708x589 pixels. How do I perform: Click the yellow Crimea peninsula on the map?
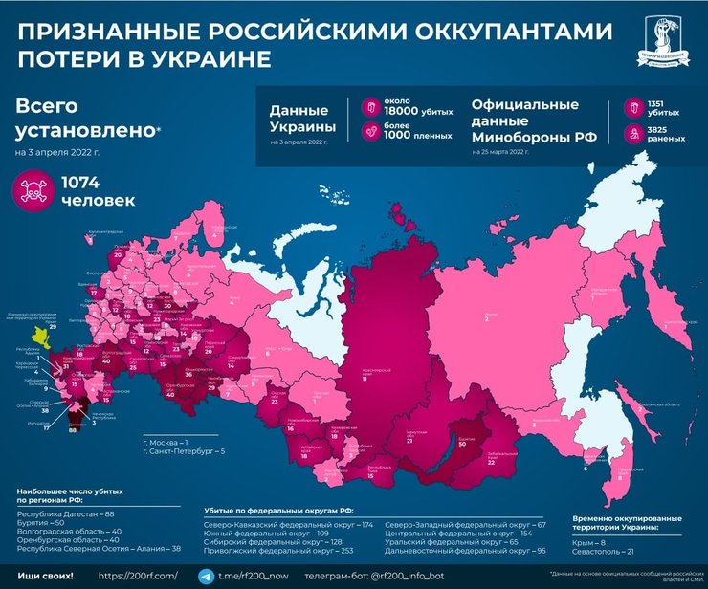[38, 337]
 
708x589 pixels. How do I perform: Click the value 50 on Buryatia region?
[461, 445]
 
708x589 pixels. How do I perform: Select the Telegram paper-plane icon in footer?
[205, 577]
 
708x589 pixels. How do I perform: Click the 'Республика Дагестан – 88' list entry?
[64, 513]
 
